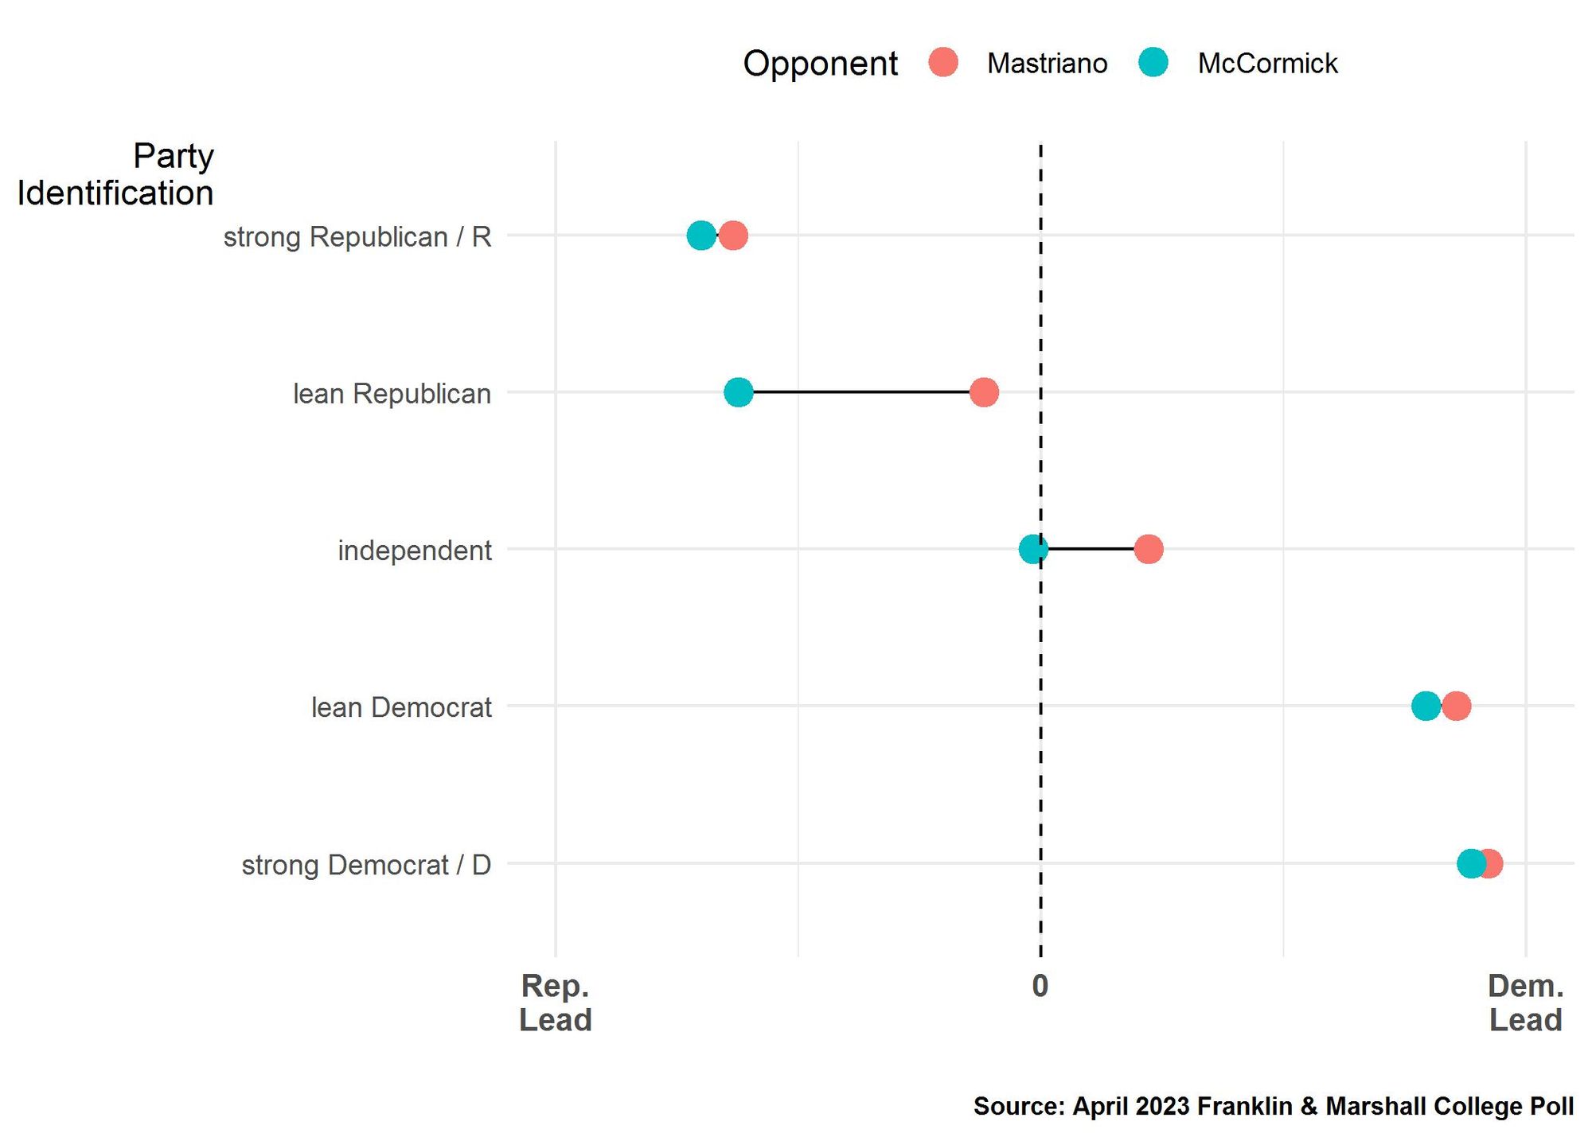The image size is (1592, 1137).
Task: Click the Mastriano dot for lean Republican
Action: (x=984, y=392)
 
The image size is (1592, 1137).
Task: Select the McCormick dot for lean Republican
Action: (x=738, y=392)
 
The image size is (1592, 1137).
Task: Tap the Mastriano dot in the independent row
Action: (x=1148, y=549)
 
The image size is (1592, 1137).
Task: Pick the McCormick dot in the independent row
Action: (x=1032, y=549)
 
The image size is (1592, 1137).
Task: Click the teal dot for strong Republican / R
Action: (x=700, y=236)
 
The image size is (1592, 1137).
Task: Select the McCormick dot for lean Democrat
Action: (x=1425, y=706)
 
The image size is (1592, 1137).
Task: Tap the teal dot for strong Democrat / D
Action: (x=1471, y=863)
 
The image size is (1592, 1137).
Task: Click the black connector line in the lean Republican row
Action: (x=860, y=392)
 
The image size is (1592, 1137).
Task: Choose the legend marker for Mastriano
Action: (x=943, y=62)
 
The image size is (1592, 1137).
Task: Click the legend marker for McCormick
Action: (x=1153, y=62)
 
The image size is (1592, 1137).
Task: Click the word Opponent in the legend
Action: (x=820, y=64)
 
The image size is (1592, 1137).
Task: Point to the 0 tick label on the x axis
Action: (x=1040, y=987)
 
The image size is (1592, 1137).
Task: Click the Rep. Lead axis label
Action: (x=555, y=1003)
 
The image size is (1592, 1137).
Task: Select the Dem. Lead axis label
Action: (x=1525, y=1003)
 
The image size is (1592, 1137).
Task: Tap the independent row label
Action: (x=415, y=551)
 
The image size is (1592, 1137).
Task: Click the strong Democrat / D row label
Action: (x=366, y=865)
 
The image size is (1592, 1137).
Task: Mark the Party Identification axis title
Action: (x=115, y=174)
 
